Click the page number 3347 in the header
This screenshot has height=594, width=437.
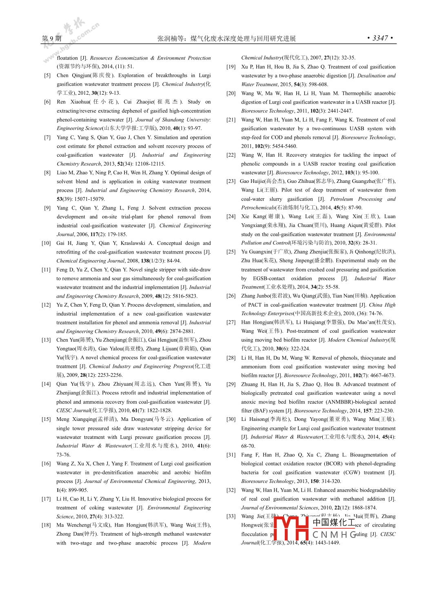[380, 38]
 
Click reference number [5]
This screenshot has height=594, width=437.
[48, 76]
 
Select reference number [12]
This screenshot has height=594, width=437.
[46, 305]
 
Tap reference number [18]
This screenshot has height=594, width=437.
[46, 525]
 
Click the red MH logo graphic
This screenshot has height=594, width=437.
[291, 528]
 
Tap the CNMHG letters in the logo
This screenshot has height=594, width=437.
[334, 534]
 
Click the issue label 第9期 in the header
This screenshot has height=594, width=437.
[51, 38]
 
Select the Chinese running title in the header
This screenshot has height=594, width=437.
[226, 38]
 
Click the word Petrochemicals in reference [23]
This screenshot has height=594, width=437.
[258, 208]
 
